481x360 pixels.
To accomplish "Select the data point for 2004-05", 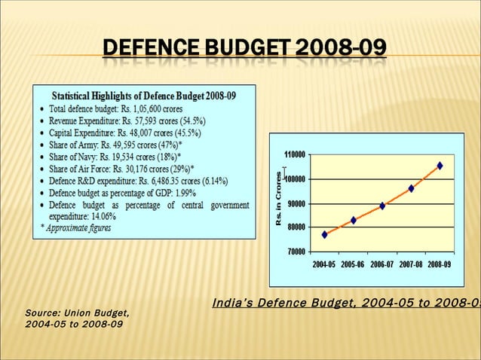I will pos(325,234).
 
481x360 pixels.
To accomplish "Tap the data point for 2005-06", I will pos(354,220).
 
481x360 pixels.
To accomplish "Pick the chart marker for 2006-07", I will pos(382,206).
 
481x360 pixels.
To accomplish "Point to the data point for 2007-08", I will pos(411,188).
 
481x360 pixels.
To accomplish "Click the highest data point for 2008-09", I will pos(440,166).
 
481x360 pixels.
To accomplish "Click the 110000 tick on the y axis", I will pos(294,154).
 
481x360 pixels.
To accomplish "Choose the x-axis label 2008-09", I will pos(439,264).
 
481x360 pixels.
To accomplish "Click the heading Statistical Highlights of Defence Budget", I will pos(143,96).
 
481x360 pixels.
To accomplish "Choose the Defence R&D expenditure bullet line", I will pos(143,181).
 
